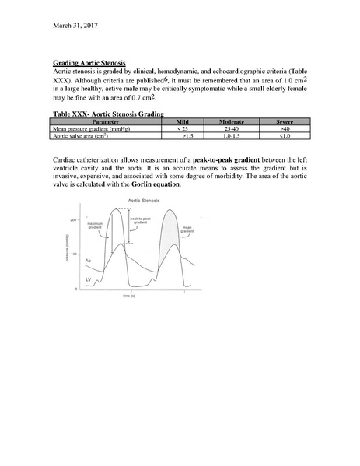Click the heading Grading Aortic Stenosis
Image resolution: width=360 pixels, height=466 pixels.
[89, 61]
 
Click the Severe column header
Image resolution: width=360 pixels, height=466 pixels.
[285, 121]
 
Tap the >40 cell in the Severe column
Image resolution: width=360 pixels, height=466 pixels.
[285, 128]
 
